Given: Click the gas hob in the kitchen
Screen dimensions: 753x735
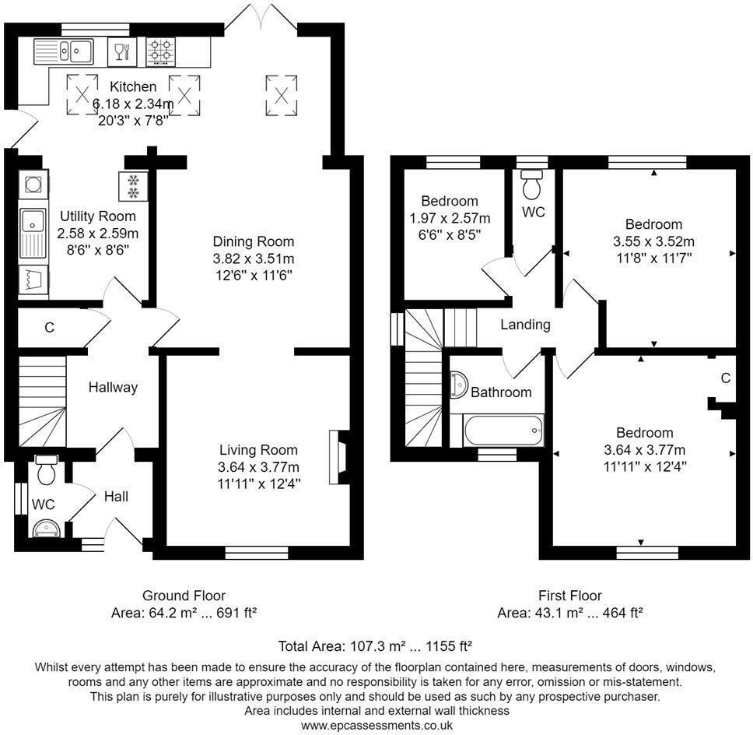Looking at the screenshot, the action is [160, 52].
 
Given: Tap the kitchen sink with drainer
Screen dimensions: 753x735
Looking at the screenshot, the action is [63, 51].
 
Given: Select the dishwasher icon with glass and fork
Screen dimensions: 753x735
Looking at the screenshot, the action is [122, 51].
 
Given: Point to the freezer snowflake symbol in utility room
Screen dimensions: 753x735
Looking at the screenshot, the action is [133, 187].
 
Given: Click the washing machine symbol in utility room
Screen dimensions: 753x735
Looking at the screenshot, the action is [33, 184].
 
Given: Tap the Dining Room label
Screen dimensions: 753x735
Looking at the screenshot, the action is [254, 241].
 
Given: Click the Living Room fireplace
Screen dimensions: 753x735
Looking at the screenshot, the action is [338, 457].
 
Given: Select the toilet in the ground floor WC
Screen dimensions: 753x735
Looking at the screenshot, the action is [46, 469].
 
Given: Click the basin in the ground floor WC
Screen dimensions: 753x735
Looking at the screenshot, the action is [46, 529].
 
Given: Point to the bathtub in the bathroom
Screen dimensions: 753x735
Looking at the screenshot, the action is [503, 431].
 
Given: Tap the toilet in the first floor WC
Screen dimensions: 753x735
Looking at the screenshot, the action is [531, 184].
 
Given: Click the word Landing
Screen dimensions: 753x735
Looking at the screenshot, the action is [525, 325].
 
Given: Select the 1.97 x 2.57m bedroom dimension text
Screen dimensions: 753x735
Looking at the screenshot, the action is [450, 218].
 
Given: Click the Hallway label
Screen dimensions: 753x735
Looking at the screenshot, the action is [113, 388].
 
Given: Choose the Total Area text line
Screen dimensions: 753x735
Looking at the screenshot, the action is [375, 645].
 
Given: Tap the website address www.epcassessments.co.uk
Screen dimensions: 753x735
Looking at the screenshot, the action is [377, 726].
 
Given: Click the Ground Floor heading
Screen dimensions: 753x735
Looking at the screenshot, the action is [184, 596].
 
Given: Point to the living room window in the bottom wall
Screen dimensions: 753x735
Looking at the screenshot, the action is [257, 553].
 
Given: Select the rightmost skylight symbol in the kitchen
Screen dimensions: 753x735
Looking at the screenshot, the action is [282, 95].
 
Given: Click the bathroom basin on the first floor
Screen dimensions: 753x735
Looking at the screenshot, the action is [459, 385].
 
